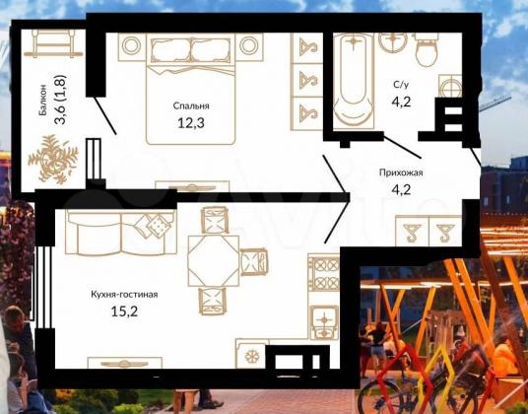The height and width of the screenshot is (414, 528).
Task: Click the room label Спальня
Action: [191, 106]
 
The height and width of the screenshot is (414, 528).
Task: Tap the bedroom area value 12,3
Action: [191, 123]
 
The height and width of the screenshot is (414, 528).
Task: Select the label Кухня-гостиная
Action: [124, 295]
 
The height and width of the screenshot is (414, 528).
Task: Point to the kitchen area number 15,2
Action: [124, 311]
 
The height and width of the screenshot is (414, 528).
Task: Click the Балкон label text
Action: [42, 100]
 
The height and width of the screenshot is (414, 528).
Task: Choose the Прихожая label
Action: [401, 173]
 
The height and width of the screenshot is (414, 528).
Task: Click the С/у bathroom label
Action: [401, 85]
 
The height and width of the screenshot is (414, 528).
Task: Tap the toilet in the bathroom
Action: [427, 49]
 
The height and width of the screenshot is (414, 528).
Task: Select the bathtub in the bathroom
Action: [354, 81]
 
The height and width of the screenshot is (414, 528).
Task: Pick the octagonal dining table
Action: [214, 261]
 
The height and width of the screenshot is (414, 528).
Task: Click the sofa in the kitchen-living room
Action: [121, 233]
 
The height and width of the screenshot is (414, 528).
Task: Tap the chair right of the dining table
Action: [254, 262]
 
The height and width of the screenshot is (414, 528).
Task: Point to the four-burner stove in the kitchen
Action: [324, 272]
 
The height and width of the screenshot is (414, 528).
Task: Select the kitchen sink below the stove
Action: [324, 322]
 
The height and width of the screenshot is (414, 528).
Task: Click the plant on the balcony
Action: [53, 159]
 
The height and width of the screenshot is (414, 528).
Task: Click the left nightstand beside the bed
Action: [131, 46]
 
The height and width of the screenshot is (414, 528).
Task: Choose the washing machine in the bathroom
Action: [450, 87]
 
